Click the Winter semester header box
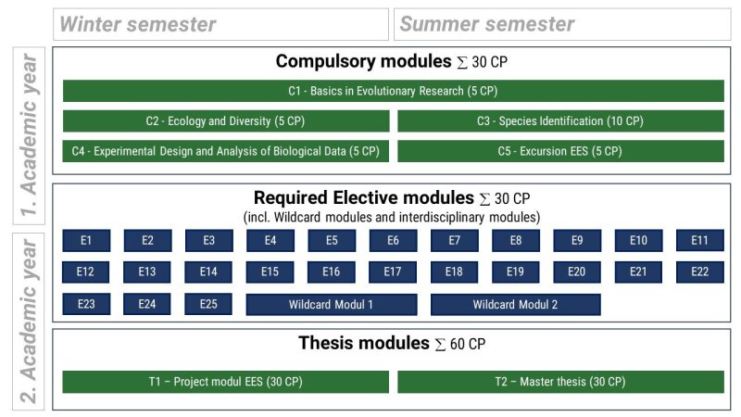pos(220,24)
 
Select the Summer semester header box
pos(562,24)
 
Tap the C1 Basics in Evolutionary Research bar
pos(393,91)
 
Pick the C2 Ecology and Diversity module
pos(226,121)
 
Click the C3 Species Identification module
pos(560,121)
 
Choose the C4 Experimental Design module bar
pos(226,151)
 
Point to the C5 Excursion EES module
pos(560,151)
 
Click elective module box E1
pos(86,241)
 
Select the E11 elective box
pos(700,241)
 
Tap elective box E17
pos(393,272)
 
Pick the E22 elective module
pos(700,272)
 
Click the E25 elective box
pos(208,304)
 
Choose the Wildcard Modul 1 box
pos(332,305)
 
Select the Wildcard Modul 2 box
pos(516,305)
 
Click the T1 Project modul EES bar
pos(225,382)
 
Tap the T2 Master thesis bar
pos(560,382)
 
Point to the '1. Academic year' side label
pos(29,135)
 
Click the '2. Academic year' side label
pos(29,322)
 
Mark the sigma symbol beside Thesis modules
pos(440,345)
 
